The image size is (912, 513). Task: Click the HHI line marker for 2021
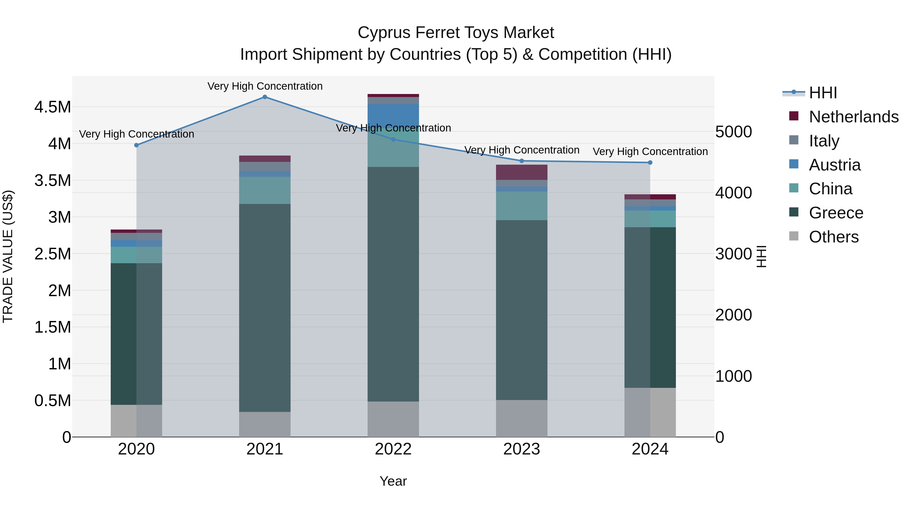click(x=265, y=97)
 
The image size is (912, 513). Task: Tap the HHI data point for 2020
click(x=136, y=145)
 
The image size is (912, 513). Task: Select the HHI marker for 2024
click(x=650, y=162)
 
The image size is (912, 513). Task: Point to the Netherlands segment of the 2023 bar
click(x=522, y=173)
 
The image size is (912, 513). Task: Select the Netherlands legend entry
click(x=853, y=117)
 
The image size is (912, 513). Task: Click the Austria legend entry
click(x=834, y=165)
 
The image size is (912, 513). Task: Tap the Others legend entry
click(x=833, y=237)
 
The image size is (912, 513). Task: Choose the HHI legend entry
click(x=823, y=93)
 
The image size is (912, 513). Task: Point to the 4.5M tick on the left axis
click(x=52, y=107)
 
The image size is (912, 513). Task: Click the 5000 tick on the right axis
click(x=733, y=132)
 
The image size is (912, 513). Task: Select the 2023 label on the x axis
click(x=522, y=449)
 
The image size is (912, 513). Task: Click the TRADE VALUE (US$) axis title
click(x=8, y=256)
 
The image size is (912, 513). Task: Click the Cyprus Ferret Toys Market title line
click(x=456, y=33)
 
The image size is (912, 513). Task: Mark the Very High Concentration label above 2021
click(x=265, y=86)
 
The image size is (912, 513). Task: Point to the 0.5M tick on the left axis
click(x=52, y=401)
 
